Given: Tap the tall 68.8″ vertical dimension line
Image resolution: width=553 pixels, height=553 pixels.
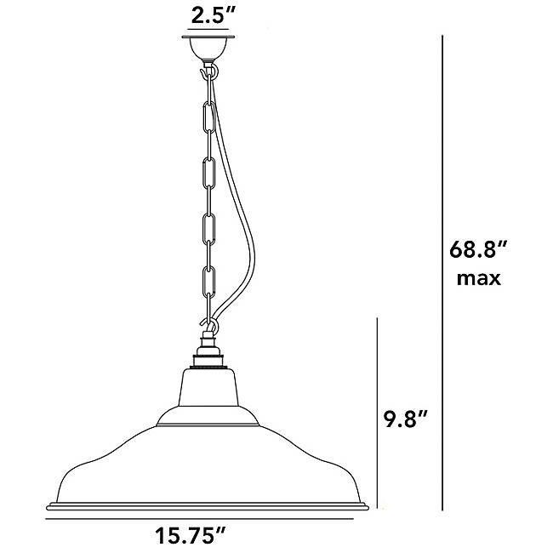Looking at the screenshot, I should pyautogui.click(x=443, y=272).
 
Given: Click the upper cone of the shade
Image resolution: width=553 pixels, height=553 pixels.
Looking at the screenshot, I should pyautogui.click(x=208, y=391).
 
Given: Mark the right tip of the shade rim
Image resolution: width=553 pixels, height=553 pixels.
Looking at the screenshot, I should pyautogui.click(x=368, y=506).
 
